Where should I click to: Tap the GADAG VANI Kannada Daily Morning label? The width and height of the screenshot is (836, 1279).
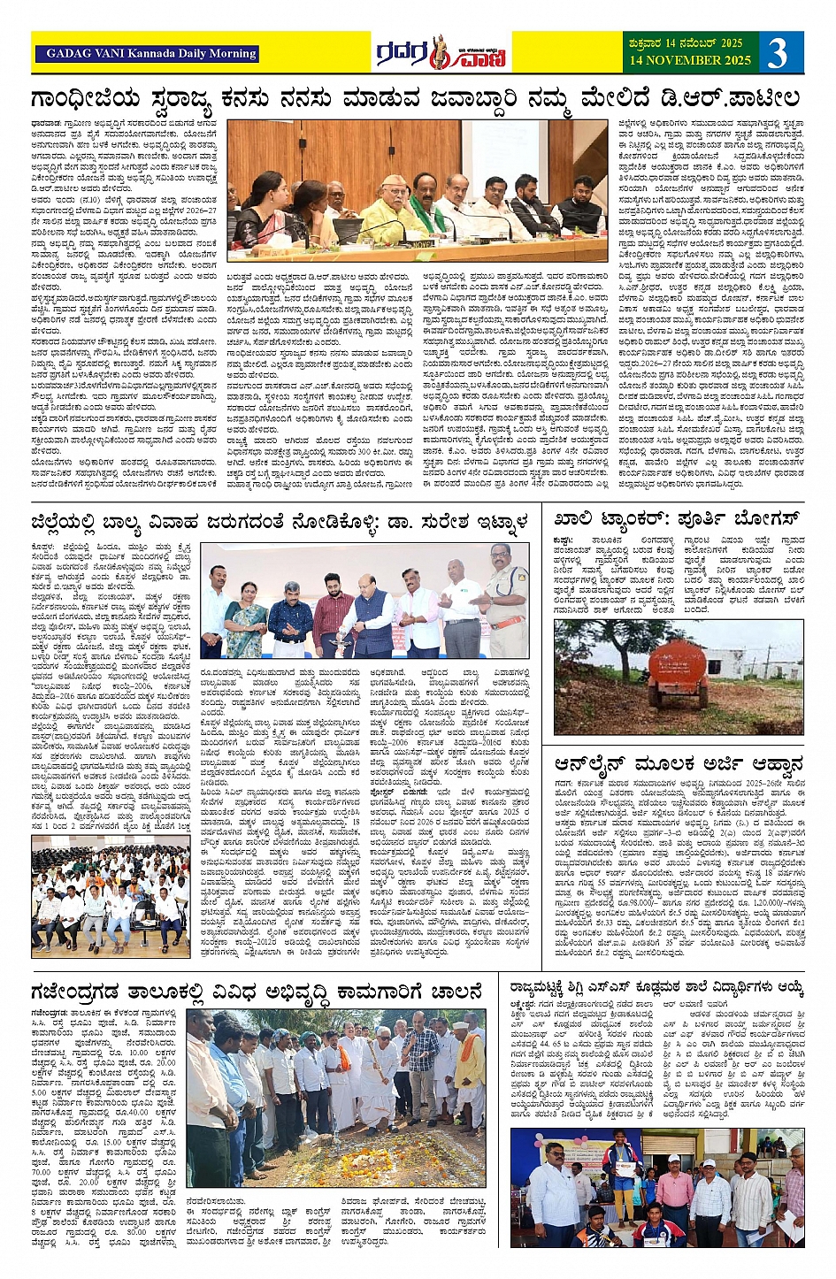147,53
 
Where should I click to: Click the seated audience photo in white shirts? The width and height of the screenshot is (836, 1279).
111,893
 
